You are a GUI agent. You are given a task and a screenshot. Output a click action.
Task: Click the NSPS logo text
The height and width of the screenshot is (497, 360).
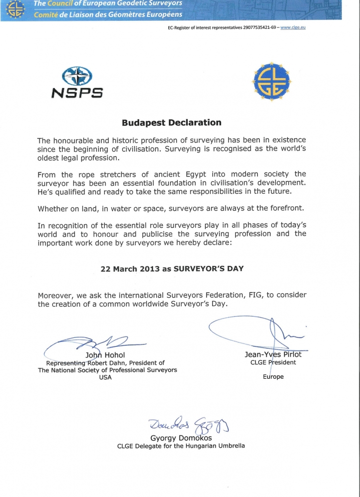(77, 92)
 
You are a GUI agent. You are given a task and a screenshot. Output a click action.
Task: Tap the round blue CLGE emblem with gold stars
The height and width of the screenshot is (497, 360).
(271, 82)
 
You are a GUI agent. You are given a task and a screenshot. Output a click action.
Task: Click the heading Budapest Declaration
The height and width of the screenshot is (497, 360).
(171, 123)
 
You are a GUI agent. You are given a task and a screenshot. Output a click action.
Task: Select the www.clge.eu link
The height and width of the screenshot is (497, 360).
(293, 27)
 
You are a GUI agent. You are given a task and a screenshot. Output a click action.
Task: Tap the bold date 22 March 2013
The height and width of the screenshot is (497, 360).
(127, 268)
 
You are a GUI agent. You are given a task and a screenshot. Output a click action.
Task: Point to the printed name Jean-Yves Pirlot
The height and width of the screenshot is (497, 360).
(273, 355)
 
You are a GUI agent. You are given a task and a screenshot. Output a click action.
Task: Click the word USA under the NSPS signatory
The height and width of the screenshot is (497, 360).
(105, 377)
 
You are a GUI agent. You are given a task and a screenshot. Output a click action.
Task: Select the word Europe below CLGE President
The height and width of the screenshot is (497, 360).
(273, 377)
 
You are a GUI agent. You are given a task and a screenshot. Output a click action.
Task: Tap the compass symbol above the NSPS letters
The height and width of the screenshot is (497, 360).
(77, 77)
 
